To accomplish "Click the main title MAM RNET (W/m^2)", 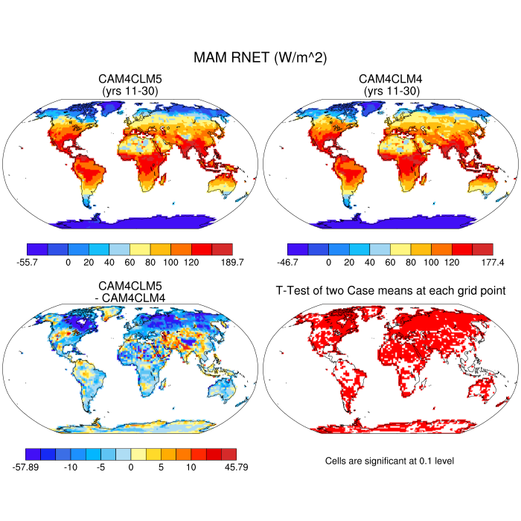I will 260,57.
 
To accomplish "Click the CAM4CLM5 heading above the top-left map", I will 130,79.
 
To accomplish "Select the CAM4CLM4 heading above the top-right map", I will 391,79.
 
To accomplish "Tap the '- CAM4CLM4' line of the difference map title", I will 130,298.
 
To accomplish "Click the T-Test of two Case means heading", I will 391,290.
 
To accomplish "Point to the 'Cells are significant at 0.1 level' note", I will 389,461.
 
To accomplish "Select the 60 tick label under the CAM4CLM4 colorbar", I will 390,263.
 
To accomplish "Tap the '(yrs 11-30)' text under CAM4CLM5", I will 130,91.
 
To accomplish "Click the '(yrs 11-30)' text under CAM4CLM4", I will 391,91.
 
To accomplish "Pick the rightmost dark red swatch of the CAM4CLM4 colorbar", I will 482,249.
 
